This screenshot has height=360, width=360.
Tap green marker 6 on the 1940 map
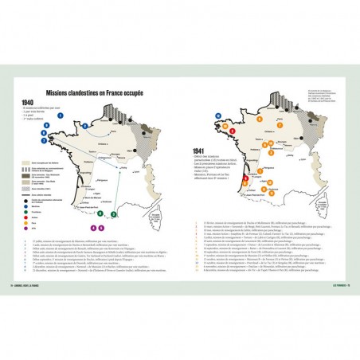[101, 212]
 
